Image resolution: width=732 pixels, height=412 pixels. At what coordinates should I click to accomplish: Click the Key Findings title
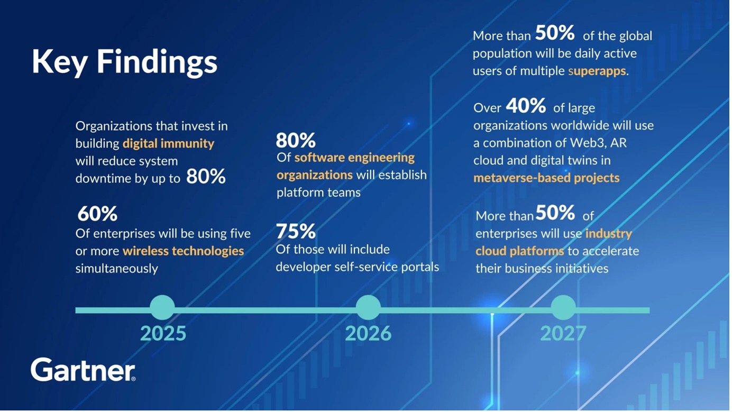(x=124, y=62)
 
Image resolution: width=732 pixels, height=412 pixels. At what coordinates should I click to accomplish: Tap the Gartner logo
(x=84, y=370)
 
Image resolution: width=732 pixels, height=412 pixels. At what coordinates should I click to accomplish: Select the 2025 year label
(x=163, y=333)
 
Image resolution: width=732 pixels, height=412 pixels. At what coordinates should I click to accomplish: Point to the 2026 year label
(x=368, y=333)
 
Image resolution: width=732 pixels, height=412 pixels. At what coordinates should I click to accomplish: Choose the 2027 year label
(x=563, y=333)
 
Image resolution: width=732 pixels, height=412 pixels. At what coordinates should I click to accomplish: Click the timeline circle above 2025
(x=162, y=307)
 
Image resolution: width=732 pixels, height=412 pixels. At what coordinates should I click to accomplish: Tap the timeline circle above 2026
(x=368, y=307)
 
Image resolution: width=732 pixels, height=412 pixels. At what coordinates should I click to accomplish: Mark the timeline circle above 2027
(x=563, y=307)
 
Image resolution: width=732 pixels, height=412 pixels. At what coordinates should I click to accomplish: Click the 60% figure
(x=97, y=214)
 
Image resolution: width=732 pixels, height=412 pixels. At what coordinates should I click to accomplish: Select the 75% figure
(x=296, y=231)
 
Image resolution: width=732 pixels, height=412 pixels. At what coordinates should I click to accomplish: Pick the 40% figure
(x=526, y=106)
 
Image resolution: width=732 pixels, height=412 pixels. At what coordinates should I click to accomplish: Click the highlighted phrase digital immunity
(x=168, y=144)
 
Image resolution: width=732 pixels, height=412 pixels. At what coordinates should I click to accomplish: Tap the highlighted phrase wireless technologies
(x=184, y=251)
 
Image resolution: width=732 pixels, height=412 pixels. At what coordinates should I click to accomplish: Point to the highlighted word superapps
(x=597, y=71)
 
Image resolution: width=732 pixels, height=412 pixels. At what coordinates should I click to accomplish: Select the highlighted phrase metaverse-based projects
(x=546, y=178)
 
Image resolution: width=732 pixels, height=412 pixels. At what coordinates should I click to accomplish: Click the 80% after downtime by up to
(x=206, y=177)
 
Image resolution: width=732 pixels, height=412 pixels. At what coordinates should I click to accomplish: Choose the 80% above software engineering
(x=296, y=141)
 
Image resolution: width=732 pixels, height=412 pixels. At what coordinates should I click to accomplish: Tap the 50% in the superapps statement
(x=555, y=33)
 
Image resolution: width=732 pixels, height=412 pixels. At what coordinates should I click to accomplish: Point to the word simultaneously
(x=117, y=269)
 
